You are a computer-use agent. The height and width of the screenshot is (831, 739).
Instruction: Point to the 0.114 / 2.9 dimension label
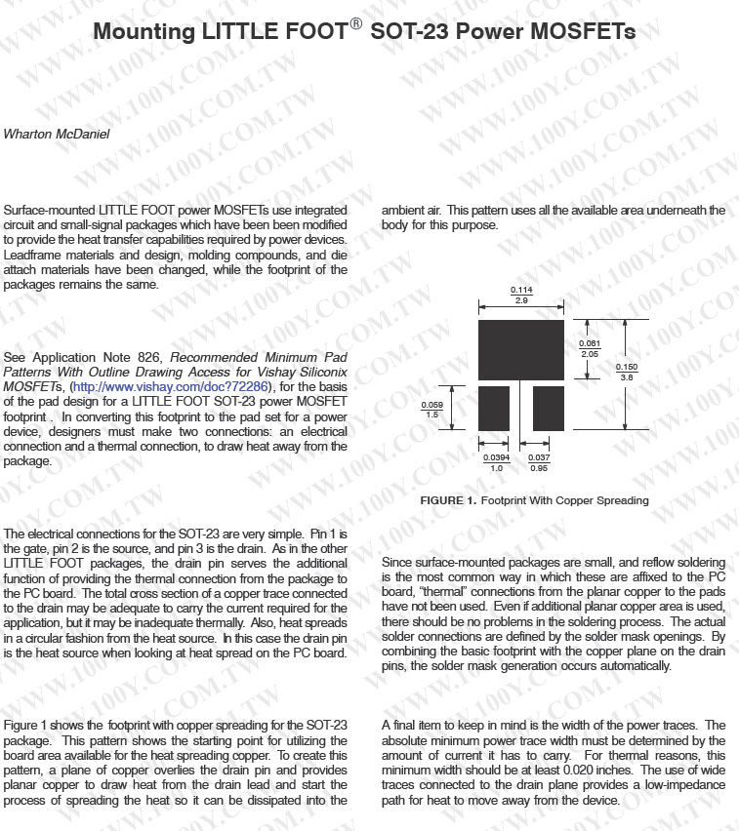tap(521, 296)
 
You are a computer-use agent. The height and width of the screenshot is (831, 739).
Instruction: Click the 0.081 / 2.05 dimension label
tap(590, 348)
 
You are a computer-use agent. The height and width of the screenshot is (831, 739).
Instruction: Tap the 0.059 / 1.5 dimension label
tap(431, 410)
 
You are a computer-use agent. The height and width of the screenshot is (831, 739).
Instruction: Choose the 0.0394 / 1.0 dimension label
tap(495, 462)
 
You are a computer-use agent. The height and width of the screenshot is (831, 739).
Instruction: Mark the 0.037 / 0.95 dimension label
tap(538, 462)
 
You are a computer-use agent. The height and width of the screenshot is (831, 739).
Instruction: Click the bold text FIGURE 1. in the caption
tap(448, 500)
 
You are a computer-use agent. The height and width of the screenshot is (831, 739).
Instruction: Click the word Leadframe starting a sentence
tap(32, 255)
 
